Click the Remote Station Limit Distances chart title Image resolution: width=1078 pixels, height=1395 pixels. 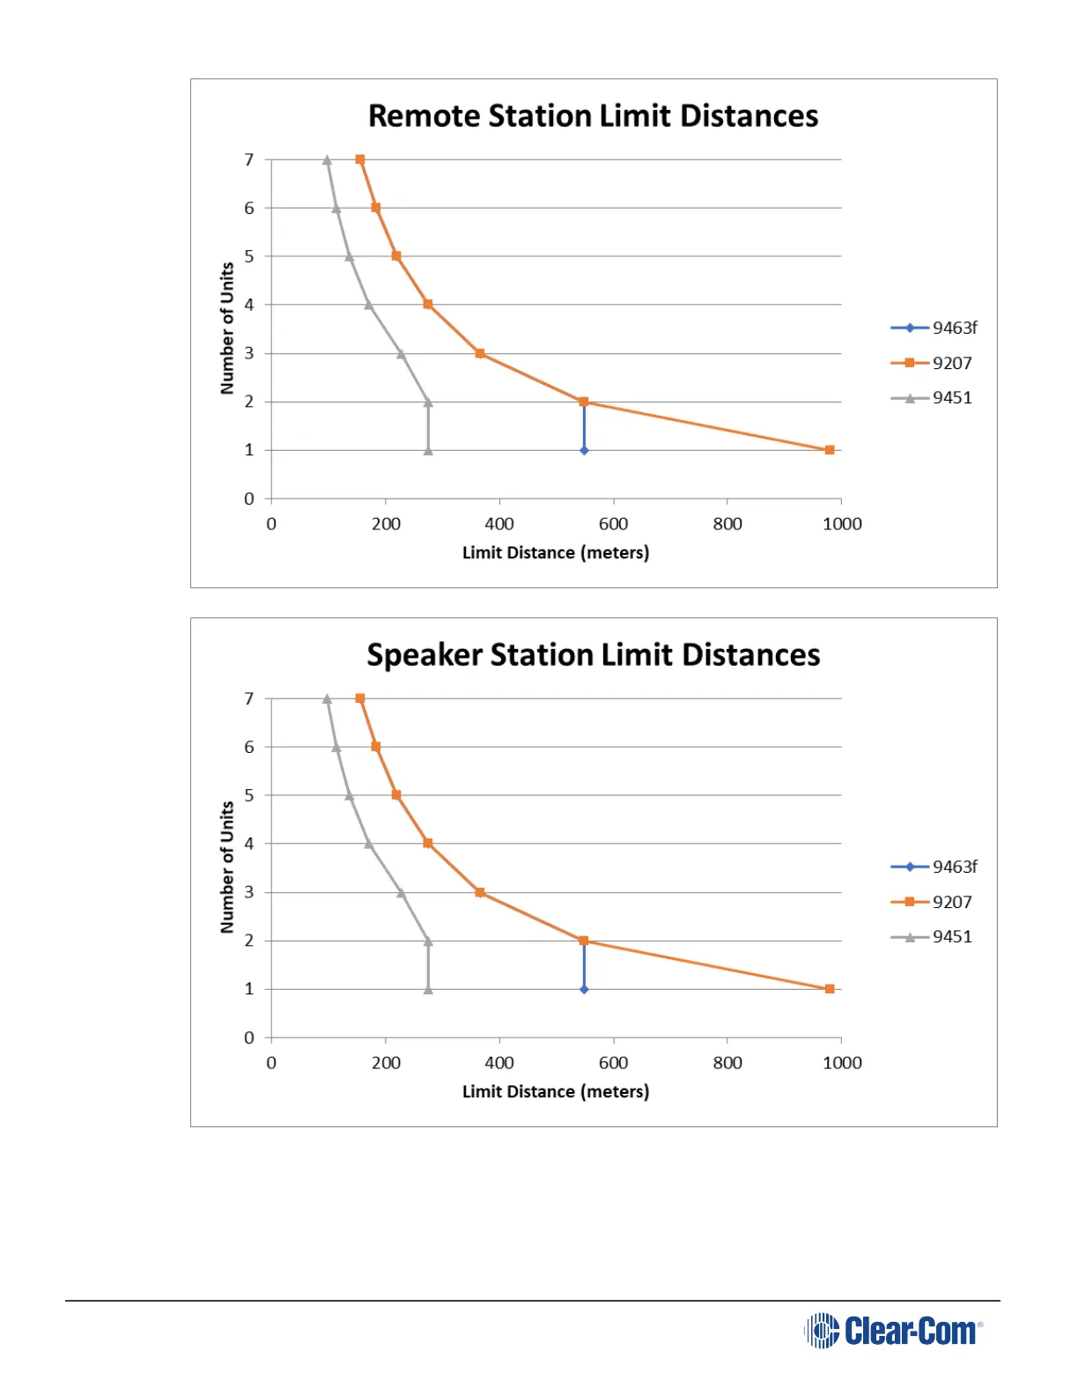pos(593,116)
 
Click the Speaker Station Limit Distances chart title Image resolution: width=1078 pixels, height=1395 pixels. pos(593,655)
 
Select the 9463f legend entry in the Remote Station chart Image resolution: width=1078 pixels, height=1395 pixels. pos(934,328)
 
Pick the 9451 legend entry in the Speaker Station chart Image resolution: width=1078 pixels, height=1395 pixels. pos(933,937)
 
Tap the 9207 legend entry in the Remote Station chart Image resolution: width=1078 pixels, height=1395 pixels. pos(933,363)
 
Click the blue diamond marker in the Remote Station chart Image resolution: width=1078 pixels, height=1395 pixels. pos(584,450)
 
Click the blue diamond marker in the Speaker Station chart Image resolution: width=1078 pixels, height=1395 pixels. pos(584,989)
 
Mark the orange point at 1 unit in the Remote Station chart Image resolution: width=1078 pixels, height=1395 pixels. pos(830,450)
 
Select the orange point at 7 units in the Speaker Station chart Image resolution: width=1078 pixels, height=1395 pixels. pos(360,698)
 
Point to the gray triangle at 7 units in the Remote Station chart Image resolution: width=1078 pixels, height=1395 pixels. pos(327,160)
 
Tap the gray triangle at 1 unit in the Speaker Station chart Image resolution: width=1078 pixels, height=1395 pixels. pos(428,990)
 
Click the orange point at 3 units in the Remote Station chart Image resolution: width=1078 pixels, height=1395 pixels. pos(480,353)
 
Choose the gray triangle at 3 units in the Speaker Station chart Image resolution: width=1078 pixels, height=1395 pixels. pos(401,893)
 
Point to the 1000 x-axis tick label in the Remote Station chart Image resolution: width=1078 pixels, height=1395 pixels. pos(842,524)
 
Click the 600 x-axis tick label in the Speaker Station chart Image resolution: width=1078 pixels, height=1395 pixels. pos(613,1063)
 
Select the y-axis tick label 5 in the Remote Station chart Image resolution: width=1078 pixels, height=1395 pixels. pos(249,256)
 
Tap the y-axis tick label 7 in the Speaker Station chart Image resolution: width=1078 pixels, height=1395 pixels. pos(249,698)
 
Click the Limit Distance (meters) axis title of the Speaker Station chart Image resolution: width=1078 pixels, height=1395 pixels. pos(556,1092)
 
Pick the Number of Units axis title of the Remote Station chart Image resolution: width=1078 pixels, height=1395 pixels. pos(227,328)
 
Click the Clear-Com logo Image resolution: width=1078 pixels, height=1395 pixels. pos(893,1331)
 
